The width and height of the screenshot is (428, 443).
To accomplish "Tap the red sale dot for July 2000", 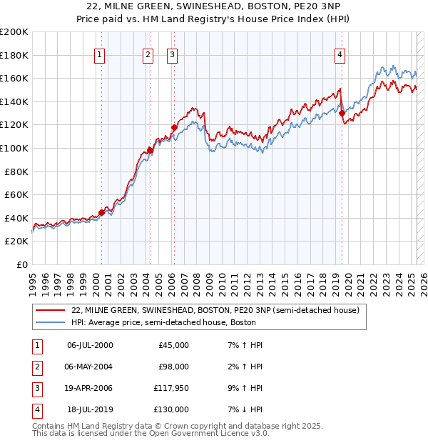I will (102, 212).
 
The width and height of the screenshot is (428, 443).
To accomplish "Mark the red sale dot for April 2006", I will (174, 127).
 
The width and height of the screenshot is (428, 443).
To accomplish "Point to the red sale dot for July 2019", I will (342, 113).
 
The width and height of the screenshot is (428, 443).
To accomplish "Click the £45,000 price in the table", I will (173, 345).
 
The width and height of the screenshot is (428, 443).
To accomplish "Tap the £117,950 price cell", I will (171, 388).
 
